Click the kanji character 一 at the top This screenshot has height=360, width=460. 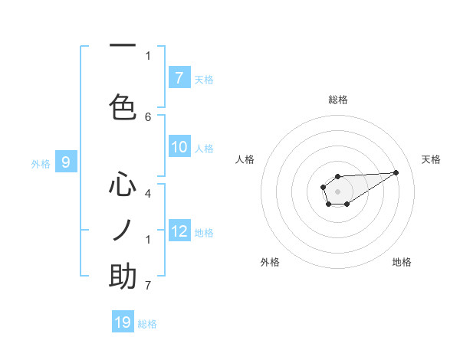pyautogui.click(x=123, y=47)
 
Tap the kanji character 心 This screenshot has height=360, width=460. pyautogui.click(x=123, y=185)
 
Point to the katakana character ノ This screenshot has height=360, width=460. pyautogui.click(x=123, y=230)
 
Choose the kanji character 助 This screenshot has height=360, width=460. pyautogui.click(x=123, y=277)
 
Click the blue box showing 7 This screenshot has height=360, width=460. pyautogui.click(x=179, y=78)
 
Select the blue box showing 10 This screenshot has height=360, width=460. pyautogui.click(x=179, y=148)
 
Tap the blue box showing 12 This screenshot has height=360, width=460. pyautogui.click(x=179, y=231)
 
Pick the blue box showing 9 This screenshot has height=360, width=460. pyautogui.click(x=67, y=162)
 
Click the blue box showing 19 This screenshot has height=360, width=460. pyautogui.click(x=123, y=323)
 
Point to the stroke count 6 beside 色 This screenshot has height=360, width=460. pyautogui.click(x=148, y=116)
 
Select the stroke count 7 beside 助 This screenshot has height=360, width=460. pyautogui.click(x=148, y=286)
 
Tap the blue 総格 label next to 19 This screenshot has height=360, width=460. pyautogui.click(x=147, y=324)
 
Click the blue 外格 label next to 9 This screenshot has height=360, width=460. pyautogui.click(x=41, y=163)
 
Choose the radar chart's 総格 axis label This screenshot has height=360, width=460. pyautogui.click(x=338, y=100)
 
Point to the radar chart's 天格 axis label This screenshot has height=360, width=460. pyautogui.click(x=432, y=159)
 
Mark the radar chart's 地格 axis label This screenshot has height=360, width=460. pyautogui.click(x=402, y=262)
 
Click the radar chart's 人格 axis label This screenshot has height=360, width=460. pyautogui.click(x=245, y=159)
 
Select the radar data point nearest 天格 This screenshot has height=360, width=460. pyautogui.click(x=396, y=172)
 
